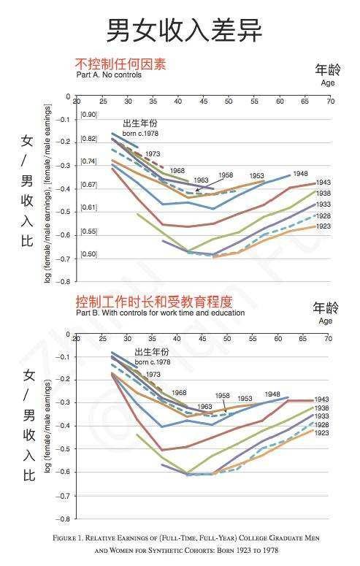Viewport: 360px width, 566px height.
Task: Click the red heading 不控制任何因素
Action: click(x=120, y=64)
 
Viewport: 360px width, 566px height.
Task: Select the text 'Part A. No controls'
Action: click(x=109, y=74)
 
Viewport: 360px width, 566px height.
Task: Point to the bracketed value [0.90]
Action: click(x=88, y=115)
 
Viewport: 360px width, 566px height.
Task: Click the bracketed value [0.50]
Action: click(x=88, y=253)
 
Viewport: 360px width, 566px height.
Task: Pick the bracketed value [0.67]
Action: click(x=88, y=184)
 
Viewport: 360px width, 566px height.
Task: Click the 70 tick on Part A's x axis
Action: click(x=330, y=101)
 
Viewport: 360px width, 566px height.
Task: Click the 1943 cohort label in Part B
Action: click(x=322, y=399)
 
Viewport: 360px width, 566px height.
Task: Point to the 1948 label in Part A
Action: click(x=300, y=174)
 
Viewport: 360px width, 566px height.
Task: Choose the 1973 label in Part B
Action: click(x=153, y=374)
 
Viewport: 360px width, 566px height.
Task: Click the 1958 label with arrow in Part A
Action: click(x=225, y=175)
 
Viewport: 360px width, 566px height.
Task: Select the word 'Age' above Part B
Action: click(x=326, y=321)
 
